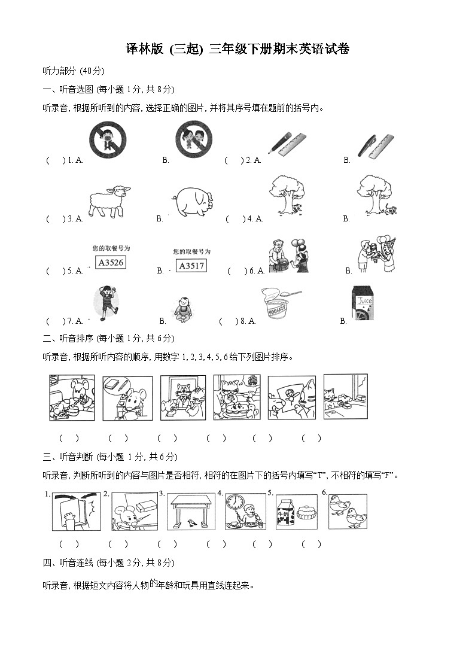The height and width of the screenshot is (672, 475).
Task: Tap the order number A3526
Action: tap(111, 263)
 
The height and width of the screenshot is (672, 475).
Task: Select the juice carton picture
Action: tap(362, 303)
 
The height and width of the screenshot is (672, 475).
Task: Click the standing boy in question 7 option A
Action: tap(106, 303)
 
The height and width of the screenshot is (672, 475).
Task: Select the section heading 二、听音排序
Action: tap(68, 339)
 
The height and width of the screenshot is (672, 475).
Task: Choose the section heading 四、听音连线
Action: tap(68, 563)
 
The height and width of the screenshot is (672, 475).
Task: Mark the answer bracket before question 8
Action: tap(228, 321)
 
